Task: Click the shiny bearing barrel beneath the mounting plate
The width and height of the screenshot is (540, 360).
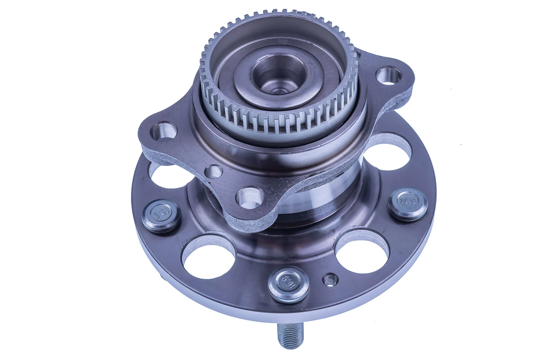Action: pos(317,202)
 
